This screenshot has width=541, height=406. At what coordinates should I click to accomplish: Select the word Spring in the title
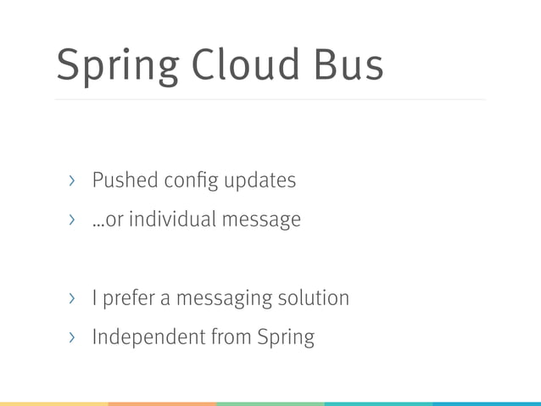(x=115, y=66)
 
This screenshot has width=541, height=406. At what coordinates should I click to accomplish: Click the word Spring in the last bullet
(x=287, y=338)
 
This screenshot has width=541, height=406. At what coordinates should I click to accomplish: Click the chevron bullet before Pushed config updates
(x=72, y=181)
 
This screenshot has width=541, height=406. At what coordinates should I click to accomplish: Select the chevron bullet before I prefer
(x=72, y=298)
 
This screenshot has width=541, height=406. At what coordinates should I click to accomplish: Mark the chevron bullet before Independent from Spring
(x=72, y=337)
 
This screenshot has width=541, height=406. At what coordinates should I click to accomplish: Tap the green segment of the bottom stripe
(x=270, y=403)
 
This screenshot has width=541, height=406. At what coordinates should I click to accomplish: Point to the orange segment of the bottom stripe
(x=162, y=403)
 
